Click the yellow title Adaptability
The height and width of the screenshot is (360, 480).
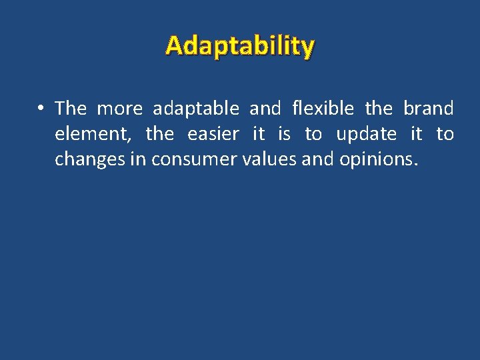pos(240,46)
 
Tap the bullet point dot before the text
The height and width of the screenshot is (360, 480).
pos(41,109)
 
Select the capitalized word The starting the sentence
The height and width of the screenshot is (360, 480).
pos(71,108)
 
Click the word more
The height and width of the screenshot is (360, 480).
pos(120,108)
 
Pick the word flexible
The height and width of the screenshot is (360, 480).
pos(323,108)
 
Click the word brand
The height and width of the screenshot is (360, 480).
pos(428,108)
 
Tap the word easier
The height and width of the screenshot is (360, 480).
pos(213,134)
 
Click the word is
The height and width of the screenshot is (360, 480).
pos(285,134)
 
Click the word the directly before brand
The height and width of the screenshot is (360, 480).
pos(379,108)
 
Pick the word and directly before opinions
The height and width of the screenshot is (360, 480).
pos(320,160)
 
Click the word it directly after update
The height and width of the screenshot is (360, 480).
pos(416,134)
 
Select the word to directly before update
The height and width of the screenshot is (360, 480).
pos(313,134)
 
